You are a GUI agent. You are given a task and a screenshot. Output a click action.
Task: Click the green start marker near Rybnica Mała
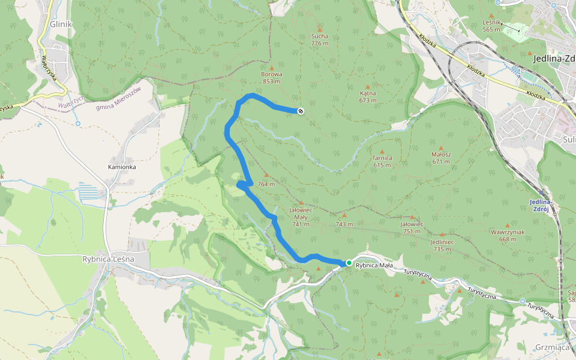(349, 263)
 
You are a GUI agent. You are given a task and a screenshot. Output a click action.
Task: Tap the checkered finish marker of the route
(300, 110)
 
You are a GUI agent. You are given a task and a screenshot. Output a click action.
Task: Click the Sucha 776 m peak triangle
(320, 29)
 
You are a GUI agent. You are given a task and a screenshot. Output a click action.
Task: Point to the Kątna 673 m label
(368, 97)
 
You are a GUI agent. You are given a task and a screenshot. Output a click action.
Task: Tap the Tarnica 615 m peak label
(382, 161)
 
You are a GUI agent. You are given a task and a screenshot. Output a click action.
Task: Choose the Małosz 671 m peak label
(441, 158)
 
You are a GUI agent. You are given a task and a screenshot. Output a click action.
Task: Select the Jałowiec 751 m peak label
(412, 227)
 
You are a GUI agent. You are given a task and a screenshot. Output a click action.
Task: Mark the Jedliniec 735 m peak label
(441, 245)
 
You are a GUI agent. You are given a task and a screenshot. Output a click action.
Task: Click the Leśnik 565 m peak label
(491, 25)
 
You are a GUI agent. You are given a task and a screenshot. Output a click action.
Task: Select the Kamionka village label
(122, 167)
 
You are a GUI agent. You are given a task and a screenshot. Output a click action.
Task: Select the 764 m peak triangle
(266, 175)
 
